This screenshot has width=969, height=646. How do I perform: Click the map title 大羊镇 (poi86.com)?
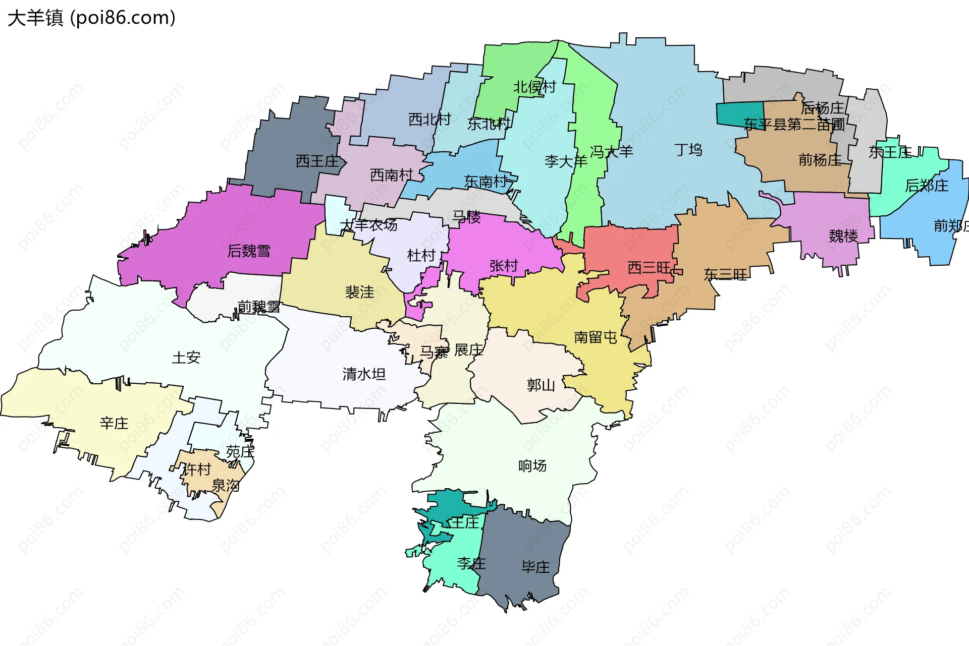pos(91,18)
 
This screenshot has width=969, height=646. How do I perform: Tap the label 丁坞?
pos(688,150)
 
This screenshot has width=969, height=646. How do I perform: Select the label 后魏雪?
pos(249,251)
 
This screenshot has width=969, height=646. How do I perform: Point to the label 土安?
pos(186,358)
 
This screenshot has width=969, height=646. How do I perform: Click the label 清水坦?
pos(364,374)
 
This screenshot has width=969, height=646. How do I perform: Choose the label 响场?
pos(532,465)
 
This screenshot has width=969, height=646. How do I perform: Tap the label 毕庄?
pos(535,567)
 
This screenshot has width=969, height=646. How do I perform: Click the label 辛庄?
pos(114,423)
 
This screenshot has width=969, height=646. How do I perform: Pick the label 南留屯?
pos(596,337)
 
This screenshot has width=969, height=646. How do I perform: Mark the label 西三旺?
pos(649,267)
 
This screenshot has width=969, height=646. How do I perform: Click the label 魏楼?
pos(843,236)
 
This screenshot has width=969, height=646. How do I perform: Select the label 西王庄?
pos(317,161)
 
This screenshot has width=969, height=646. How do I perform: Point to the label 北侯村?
pos(534,87)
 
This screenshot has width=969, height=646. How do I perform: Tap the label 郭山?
pos(541,385)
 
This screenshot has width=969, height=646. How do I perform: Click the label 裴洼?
pos(359,291)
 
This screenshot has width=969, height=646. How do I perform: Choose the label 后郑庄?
pos(927,186)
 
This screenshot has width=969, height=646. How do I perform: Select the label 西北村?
pos(429,120)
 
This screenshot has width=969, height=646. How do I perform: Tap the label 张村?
pos(504,266)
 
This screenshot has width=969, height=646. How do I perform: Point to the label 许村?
pos(196,469)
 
